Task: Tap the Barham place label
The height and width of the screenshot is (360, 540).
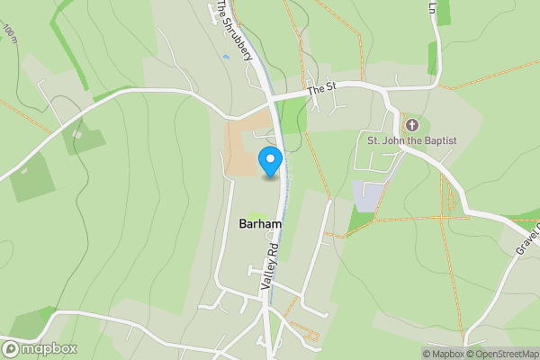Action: point(260,223)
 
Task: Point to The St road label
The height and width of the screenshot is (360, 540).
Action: point(321,89)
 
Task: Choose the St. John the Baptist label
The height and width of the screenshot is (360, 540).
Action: point(412,140)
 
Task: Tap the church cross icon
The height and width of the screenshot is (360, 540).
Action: point(412,125)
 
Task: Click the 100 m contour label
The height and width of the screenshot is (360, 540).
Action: point(10,34)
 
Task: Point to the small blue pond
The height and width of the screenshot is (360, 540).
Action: point(226,57)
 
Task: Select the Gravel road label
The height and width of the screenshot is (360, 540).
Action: point(526,238)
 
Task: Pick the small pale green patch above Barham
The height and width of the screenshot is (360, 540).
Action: point(255,212)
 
